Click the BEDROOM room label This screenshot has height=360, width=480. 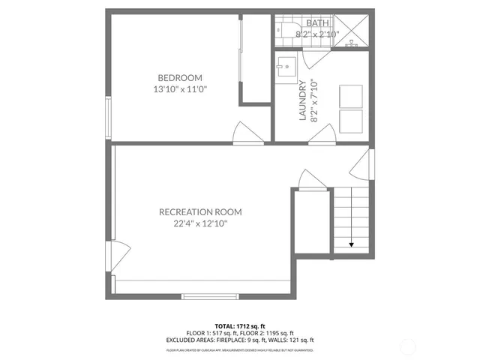pyautogui.click(x=180, y=77)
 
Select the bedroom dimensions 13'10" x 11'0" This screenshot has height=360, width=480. pyautogui.click(x=180, y=88)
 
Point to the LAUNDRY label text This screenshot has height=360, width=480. pyautogui.click(x=303, y=100)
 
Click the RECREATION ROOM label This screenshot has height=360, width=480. pyautogui.click(x=200, y=212)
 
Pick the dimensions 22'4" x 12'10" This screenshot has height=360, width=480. pyautogui.click(x=200, y=223)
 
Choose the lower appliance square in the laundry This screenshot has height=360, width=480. pyautogui.click(x=351, y=121)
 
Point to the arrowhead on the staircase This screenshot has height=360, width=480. pyautogui.click(x=352, y=244)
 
